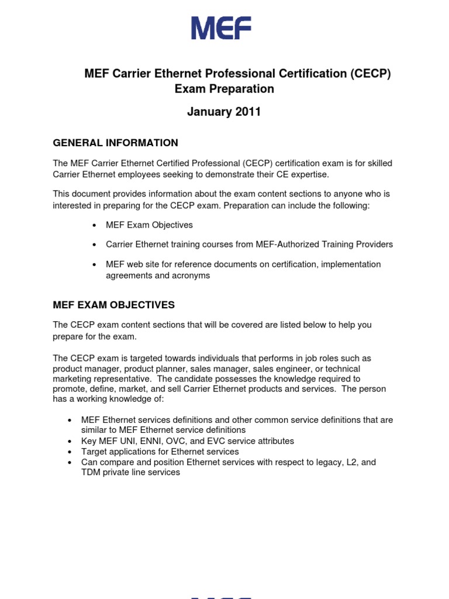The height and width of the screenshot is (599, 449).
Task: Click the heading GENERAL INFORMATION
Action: click(x=115, y=143)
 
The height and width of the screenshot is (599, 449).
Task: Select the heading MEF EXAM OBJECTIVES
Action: click(x=113, y=305)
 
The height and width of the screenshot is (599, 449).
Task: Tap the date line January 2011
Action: click(x=224, y=112)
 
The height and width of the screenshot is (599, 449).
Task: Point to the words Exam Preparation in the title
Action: click(x=224, y=89)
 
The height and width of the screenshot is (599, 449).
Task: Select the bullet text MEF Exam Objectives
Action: click(x=149, y=225)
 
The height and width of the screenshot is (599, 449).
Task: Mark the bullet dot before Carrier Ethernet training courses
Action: click(x=94, y=245)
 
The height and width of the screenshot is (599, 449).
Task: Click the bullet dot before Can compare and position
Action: click(x=70, y=463)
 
